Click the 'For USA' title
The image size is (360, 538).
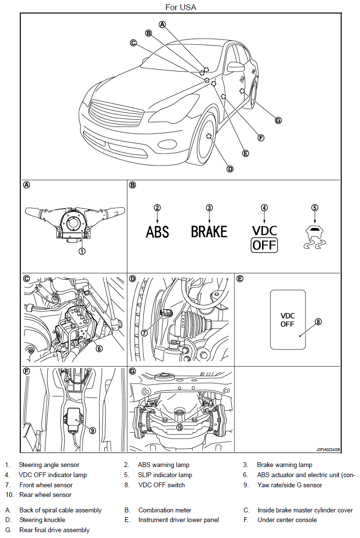[180, 7]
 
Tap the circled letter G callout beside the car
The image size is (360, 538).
[278, 120]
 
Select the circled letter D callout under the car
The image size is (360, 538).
[230, 169]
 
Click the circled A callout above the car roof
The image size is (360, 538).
[163, 24]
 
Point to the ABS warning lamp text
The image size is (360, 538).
[158, 232]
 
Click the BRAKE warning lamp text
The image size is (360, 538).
[209, 232]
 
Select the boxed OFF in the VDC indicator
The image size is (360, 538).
[264, 245]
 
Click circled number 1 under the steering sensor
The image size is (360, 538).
[83, 251]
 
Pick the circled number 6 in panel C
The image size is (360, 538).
[99, 349]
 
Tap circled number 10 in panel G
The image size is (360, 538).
[179, 427]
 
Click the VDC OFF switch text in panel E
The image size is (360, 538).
[288, 320]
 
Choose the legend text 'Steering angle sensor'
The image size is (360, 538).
[49, 465]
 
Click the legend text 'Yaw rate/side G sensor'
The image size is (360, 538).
[290, 485]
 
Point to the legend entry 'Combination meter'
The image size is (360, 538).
[165, 510]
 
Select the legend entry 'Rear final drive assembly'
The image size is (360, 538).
[54, 530]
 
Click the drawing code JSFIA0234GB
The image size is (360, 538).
[328, 449]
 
